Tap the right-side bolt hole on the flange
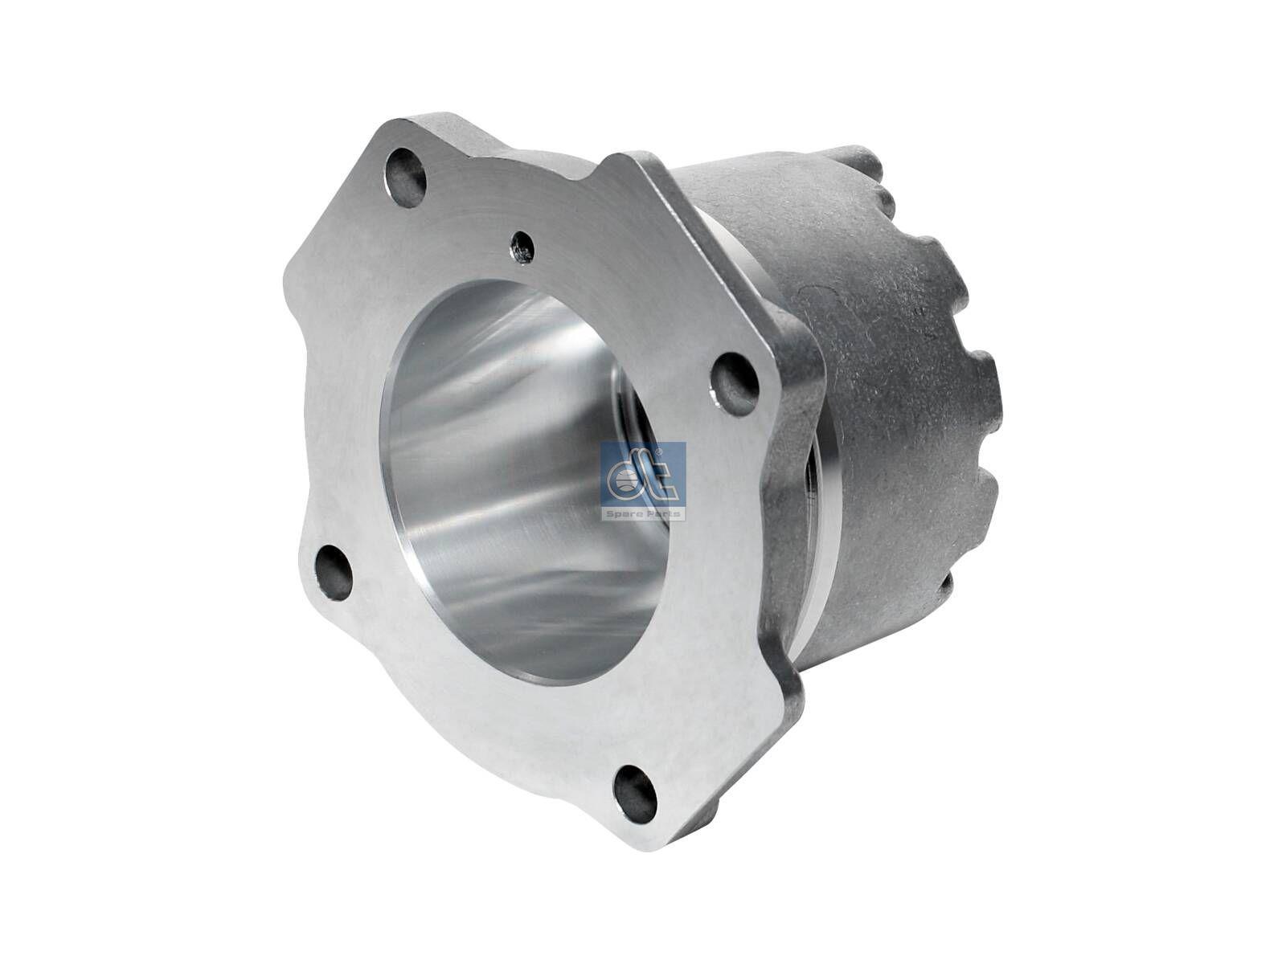tap(733, 374)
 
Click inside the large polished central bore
tap(514, 482)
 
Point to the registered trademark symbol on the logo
tap(679, 455)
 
